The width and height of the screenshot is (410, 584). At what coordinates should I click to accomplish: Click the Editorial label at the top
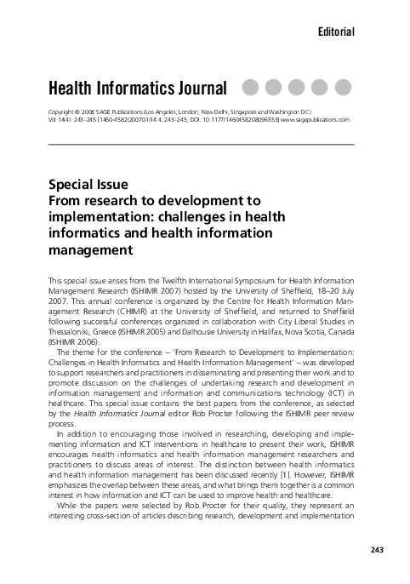[334, 31]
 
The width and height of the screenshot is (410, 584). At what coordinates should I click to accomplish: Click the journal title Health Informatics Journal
[139, 88]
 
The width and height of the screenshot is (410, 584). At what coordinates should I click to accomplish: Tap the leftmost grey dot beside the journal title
[253, 87]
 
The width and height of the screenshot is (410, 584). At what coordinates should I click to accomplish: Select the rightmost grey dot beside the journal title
[343, 87]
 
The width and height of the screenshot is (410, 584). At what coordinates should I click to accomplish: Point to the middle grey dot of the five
[299, 87]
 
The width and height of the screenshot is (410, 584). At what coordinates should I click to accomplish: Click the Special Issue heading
[88, 183]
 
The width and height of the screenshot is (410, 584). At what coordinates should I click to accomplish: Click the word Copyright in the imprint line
[64, 112]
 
